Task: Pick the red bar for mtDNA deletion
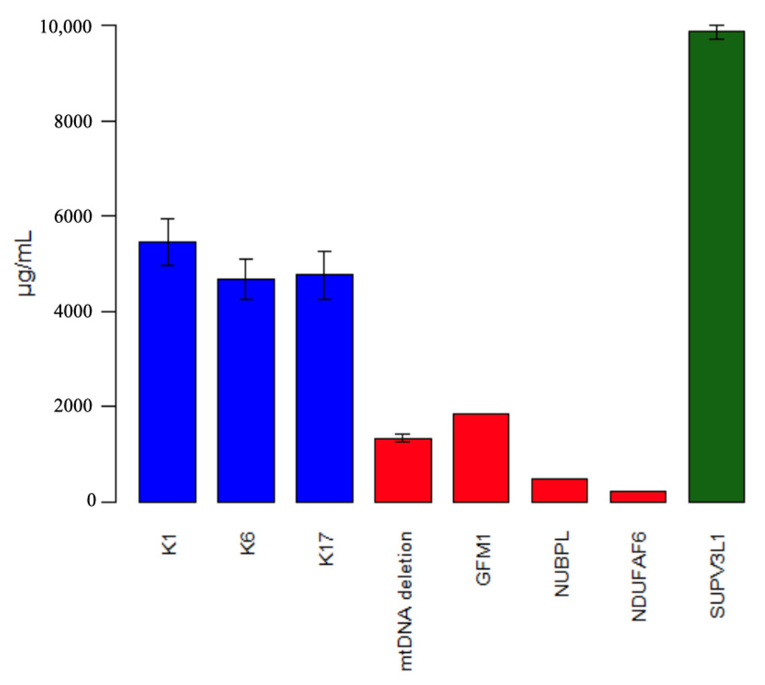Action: (403, 470)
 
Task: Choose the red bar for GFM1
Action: (481, 458)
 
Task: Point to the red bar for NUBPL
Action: (559, 490)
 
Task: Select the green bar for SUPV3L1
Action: (717, 267)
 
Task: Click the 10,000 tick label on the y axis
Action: (66, 27)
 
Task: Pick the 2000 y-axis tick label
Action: (73, 407)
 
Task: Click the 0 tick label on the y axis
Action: (92, 501)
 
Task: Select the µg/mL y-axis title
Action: (26, 263)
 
